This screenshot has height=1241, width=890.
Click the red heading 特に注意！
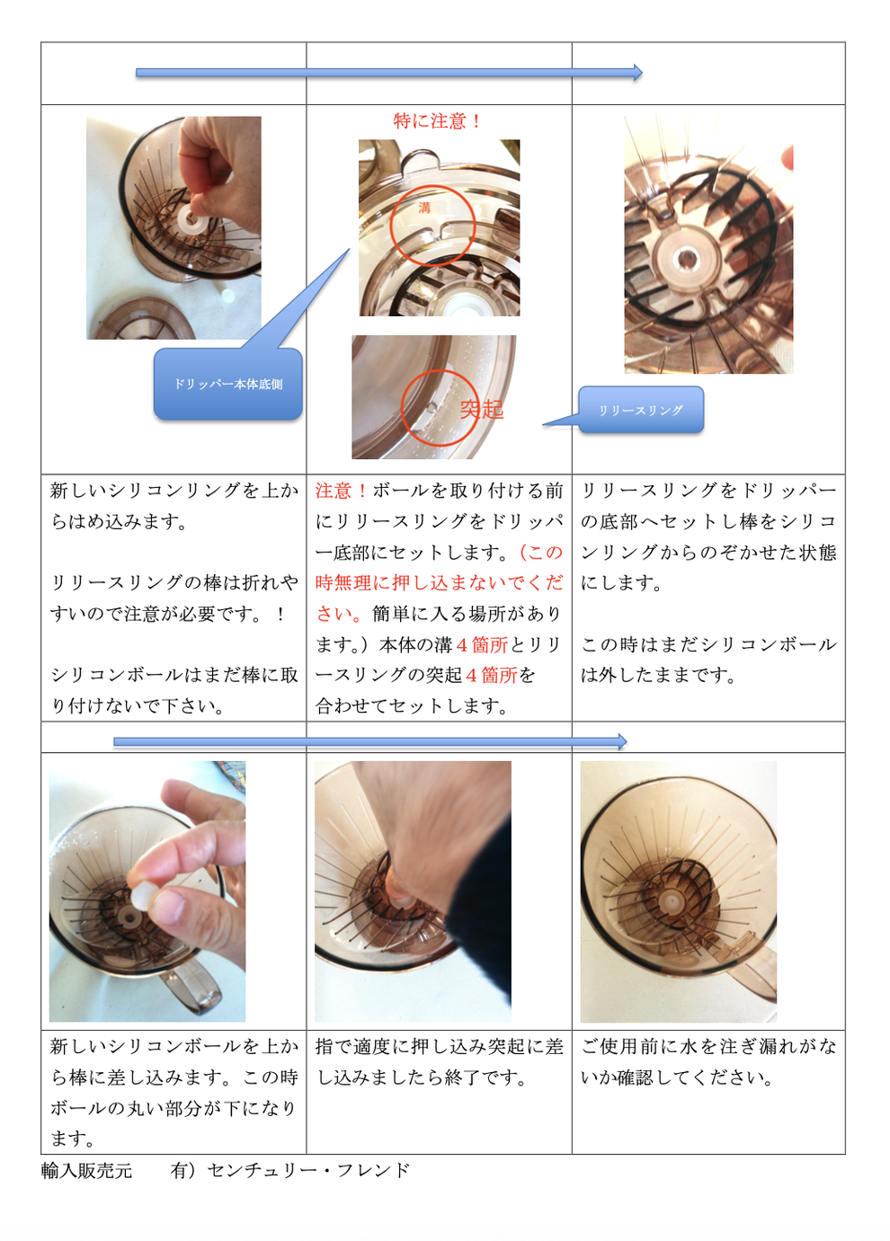(x=437, y=120)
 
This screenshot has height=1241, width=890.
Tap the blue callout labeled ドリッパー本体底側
(x=227, y=384)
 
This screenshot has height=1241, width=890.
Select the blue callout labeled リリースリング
(x=641, y=410)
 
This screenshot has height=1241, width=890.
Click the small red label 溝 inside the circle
(x=424, y=208)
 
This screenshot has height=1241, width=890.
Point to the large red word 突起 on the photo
(x=482, y=409)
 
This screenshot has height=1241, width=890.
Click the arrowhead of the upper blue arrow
(x=638, y=73)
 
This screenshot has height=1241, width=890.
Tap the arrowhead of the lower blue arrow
(x=622, y=741)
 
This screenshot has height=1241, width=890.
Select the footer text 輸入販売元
(x=86, y=1170)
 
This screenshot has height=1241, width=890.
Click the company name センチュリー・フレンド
(x=308, y=1170)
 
